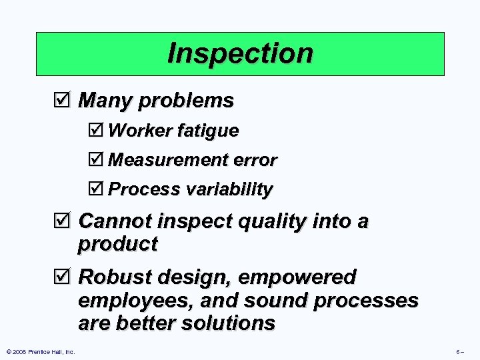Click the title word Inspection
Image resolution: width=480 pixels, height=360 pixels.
point(240,53)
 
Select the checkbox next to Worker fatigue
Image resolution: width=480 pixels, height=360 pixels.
point(97,131)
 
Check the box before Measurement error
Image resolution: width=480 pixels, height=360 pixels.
point(97,160)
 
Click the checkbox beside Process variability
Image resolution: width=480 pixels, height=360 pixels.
point(97,189)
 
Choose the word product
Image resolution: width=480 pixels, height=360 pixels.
point(117,245)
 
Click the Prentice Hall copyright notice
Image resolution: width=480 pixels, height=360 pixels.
point(40,351)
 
